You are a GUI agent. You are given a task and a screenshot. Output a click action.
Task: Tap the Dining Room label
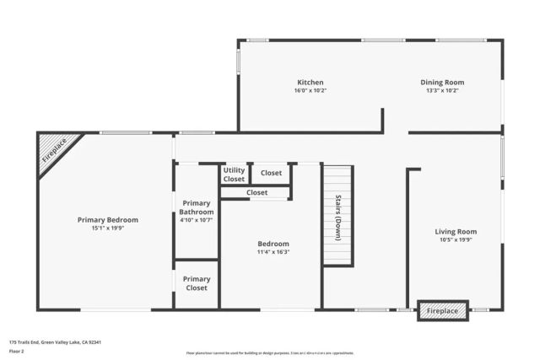pyautogui.click(x=442, y=83)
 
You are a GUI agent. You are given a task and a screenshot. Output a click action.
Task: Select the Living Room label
pyautogui.click(x=456, y=231)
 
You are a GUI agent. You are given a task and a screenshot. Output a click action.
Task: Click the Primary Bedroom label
pyautogui.click(x=108, y=219)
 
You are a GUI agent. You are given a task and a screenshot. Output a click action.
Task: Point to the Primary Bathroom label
pyautogui.click(x=197, y=207)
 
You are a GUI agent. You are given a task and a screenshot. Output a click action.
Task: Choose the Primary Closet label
pyautogui.click(x=197, y=283)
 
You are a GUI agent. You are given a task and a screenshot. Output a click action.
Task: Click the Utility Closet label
pyautogui.click(x=234, y=175)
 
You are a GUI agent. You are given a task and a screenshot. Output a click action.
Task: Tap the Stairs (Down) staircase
pyautogui.click(x=337, y=216)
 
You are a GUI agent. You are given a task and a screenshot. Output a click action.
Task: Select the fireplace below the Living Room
pyautogui.click(x=443, y=311)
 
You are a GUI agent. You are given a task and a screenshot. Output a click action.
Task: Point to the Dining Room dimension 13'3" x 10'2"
pyautogui.click(x=442, y=90)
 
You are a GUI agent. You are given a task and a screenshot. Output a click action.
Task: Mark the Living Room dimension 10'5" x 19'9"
pyautogui.click(x=456, y=239)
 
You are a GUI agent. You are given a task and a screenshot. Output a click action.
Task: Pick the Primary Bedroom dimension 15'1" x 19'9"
pyautogui.click(x=108, y=228)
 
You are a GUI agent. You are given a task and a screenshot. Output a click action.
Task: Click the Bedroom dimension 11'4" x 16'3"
pyautogui.click(x=273, y=252)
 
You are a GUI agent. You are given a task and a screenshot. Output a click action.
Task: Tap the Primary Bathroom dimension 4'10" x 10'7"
pyautogui.click(x=197, y=220)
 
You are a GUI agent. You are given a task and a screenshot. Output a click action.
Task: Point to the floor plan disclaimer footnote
pyautogui.click(x=270, y=353)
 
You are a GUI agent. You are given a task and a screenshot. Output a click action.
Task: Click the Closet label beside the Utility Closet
pyautogui.click(x=271, y=173)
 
